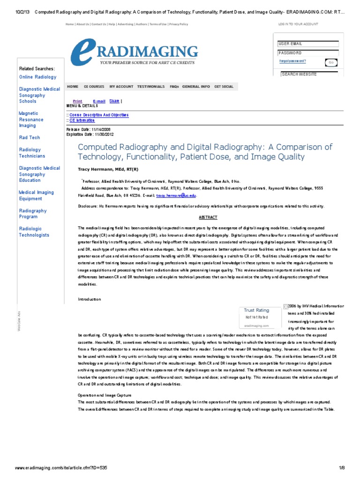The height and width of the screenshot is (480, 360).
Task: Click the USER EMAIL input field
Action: [x=308, y=44]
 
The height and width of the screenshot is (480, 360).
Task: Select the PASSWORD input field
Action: [x=308, y=53]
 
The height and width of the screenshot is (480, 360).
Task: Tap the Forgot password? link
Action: [x=292, y=61]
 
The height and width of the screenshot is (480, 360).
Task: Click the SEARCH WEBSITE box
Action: [x=309, y=74]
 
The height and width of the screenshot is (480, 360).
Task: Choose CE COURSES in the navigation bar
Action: [x=94, y=87]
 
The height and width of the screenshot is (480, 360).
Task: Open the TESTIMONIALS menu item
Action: [x=150, y=87]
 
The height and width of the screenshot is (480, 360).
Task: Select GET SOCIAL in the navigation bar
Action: [x=224, y=87]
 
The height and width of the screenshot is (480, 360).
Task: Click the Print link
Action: [x=77, y=101]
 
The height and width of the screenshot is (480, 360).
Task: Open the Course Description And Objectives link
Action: [x=98, y=115]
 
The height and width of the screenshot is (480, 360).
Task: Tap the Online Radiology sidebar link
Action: [x=37, y=77]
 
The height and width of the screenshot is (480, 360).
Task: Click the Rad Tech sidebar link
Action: [x=29, y=137]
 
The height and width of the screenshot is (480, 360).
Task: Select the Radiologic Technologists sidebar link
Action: [x=34, y=232]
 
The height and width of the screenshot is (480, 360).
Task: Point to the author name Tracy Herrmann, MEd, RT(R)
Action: [x=108, y=169]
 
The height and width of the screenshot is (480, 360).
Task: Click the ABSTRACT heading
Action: [x=205, y=217]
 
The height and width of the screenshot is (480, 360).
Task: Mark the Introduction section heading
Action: [x=89, y=299]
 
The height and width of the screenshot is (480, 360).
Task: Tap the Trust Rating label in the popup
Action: [x=256, y=310]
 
